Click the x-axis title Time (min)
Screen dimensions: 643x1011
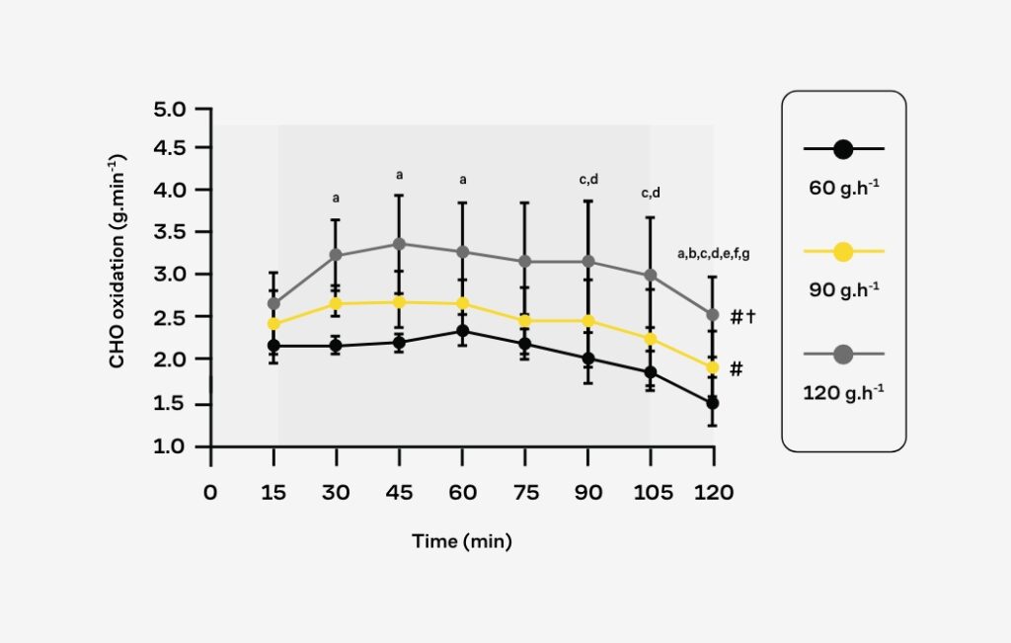(x=462, y=541)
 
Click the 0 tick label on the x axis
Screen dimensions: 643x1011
(x=209, y=492)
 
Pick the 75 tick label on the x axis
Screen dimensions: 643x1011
(x=525, y=492)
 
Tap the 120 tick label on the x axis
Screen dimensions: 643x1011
(x=713, y=492)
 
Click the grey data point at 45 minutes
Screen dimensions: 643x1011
(x=399, y=243)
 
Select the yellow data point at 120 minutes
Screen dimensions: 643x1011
(x=713, y=367)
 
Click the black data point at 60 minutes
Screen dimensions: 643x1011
(x=462, y=331)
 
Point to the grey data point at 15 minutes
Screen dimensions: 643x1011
(x=273, y=303)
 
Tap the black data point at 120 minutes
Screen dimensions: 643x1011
(x=713, y=403)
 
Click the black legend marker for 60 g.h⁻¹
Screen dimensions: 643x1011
(x=843, y=149)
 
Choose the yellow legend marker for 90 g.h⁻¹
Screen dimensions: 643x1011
(x=843, y=252)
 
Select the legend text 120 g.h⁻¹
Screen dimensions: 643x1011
(x=844, y=391)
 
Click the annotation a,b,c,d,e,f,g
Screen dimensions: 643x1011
(x=713, y=254)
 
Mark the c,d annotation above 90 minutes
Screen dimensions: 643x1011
(x=588, y=180)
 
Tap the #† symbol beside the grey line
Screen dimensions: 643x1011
(x=742, y=317)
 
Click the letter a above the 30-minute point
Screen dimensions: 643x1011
(x=336, y=198)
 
